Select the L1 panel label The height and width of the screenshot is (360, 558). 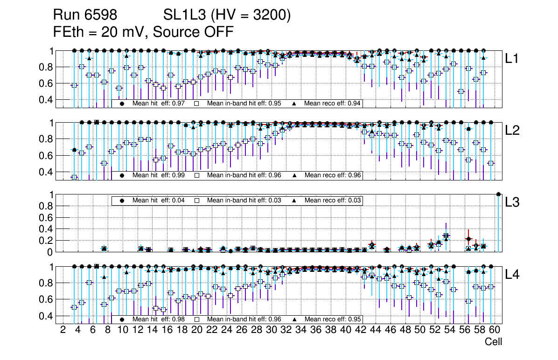click(x=512, y=59)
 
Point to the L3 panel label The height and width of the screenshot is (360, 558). click(x=512, y=202)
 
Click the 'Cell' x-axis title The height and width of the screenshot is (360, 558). click(x=493, y=342)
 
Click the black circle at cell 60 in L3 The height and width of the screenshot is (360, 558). click(x=498, y=194)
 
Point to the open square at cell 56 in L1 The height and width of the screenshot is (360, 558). click(x=461, y=91)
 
